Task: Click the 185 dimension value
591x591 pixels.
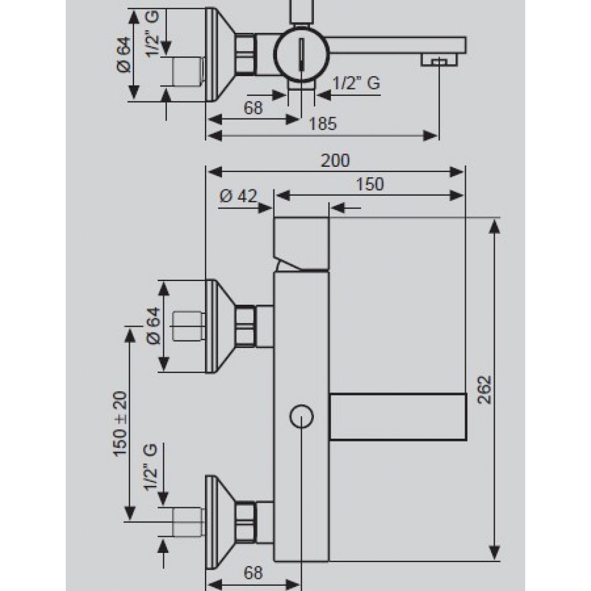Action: [323, 124]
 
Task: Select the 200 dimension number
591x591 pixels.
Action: [335, 160]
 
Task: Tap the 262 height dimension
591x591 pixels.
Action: [485, 390]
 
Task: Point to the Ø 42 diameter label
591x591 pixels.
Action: [238, 196]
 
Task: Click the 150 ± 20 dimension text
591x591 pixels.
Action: [121, 424]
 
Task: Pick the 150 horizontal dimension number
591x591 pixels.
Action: [370, 184]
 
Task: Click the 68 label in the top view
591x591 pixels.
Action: [253, 108]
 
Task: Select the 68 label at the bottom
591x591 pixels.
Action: [253, 573]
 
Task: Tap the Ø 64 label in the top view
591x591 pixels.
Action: [124, 55]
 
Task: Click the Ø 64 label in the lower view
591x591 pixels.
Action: [154, 326]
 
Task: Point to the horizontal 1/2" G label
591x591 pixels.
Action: [356, 83]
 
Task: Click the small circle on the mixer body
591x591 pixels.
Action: [301, 417]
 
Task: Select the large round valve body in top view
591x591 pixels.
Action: [301, 55]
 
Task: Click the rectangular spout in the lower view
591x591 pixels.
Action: [398, 417]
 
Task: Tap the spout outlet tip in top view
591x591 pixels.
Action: [439, 59]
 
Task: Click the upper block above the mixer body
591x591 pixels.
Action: [301, 244]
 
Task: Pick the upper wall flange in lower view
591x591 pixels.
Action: [220, 327]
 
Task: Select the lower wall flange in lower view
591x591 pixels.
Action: [220, 522]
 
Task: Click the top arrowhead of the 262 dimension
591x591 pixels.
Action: [494, 226]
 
